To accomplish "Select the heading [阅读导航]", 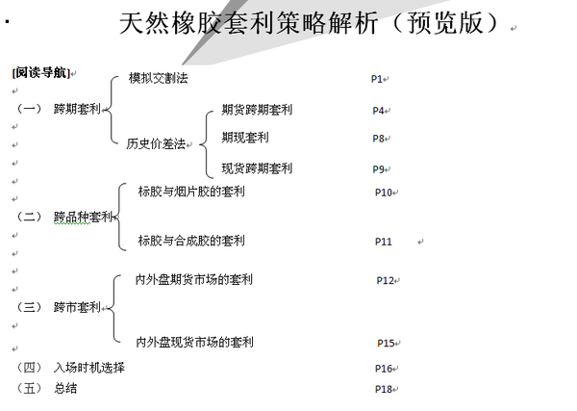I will [x=40, y=73].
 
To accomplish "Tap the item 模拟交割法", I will [x=159, y=78].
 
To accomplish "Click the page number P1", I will [x=377, y=78].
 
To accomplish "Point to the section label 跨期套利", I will [x=77, y=111].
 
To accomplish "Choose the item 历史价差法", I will [x=157, y=144].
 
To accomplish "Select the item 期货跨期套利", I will [x=257, y=110].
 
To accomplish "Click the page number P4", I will [x=379, y=111].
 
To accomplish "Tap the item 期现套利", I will [x=245, y=138].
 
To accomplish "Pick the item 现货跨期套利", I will [x=257, y=168].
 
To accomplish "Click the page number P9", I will [x=379, y=169].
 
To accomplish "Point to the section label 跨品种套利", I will [x=83, y=217].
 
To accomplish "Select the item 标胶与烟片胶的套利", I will [x=191, y=192].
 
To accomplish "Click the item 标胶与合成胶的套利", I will [x=191, y=241].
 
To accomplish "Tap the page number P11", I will [x=384, y=242].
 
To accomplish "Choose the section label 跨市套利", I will [x=77, y=308].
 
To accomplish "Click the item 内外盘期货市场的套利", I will [x=194, y=280].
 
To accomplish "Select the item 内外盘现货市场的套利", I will [x=194, y=342].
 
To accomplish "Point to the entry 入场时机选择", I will [x=89, y=368].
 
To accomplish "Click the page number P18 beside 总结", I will [x=384, y=389].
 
